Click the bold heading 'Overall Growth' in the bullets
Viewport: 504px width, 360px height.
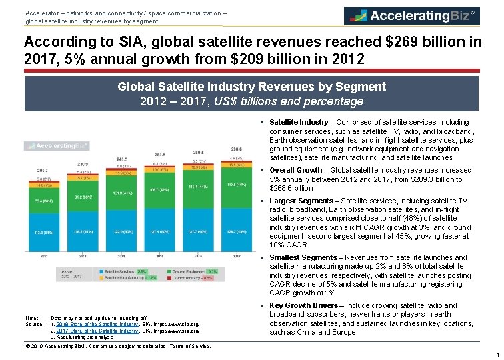click(x=297, y=170)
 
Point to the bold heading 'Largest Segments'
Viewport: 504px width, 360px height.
click(x=301, y=201)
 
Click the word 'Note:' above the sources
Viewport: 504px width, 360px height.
click(x=31, y=318)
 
